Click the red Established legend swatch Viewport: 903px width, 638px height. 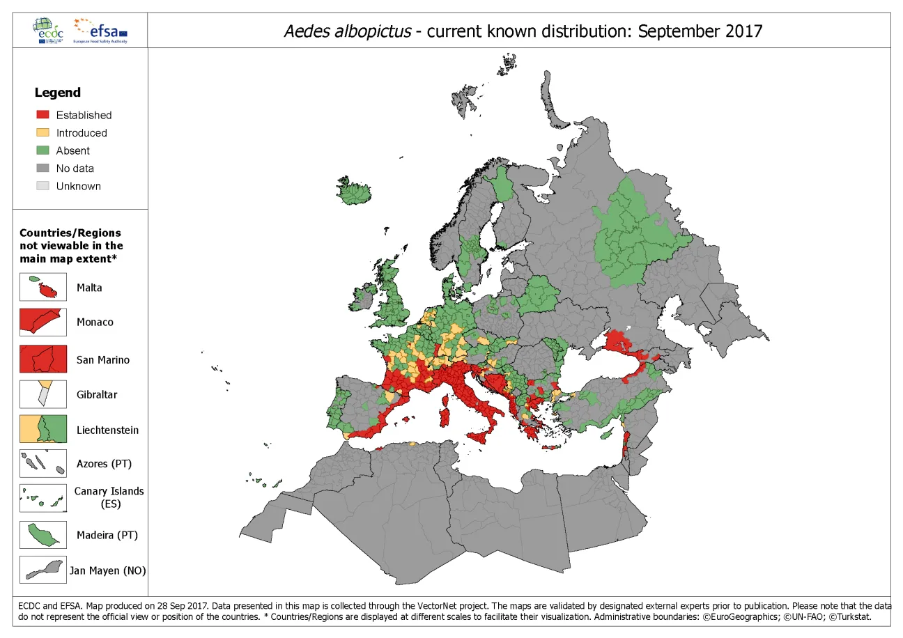43,115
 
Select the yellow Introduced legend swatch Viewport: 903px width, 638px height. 43,132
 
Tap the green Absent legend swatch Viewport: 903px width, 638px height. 43,150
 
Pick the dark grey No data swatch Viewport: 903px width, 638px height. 43,168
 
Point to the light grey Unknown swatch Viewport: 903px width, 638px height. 43,186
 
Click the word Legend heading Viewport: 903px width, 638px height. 58,93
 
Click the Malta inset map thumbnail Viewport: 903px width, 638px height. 43,287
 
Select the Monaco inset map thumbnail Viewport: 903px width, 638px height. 43,322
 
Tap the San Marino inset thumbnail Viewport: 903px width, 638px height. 43,359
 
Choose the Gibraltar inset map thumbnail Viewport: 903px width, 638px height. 43,394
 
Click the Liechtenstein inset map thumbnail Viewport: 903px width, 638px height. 43,428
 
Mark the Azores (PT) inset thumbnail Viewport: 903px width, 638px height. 43,463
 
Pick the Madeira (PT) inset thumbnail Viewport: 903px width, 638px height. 43,535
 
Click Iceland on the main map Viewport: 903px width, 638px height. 353,191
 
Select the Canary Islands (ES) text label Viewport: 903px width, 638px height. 109,497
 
